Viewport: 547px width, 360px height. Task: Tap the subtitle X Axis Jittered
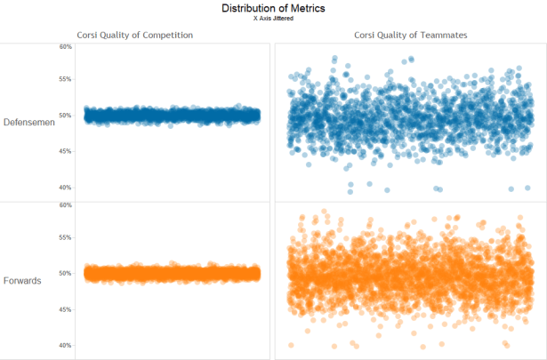tap(273, 18)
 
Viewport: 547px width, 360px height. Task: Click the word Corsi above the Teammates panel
tap(367, 35)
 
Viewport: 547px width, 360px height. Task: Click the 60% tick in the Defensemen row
tap(65, 47)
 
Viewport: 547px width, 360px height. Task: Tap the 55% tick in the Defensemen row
tap(65, 80)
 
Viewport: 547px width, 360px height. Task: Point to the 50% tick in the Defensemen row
tap(65, 116)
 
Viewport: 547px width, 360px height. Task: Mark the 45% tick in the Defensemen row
tap(65, 152)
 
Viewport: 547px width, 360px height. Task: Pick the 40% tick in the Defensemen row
tap(65, 188)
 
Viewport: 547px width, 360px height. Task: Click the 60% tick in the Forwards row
tap(65, 205)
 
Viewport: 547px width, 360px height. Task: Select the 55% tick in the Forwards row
tap(65, 238)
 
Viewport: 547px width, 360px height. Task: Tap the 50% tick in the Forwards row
tap(65, 274)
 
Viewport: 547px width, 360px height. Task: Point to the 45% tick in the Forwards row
tap(65, 310)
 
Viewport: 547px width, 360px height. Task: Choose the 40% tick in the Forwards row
tap(65, 346)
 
